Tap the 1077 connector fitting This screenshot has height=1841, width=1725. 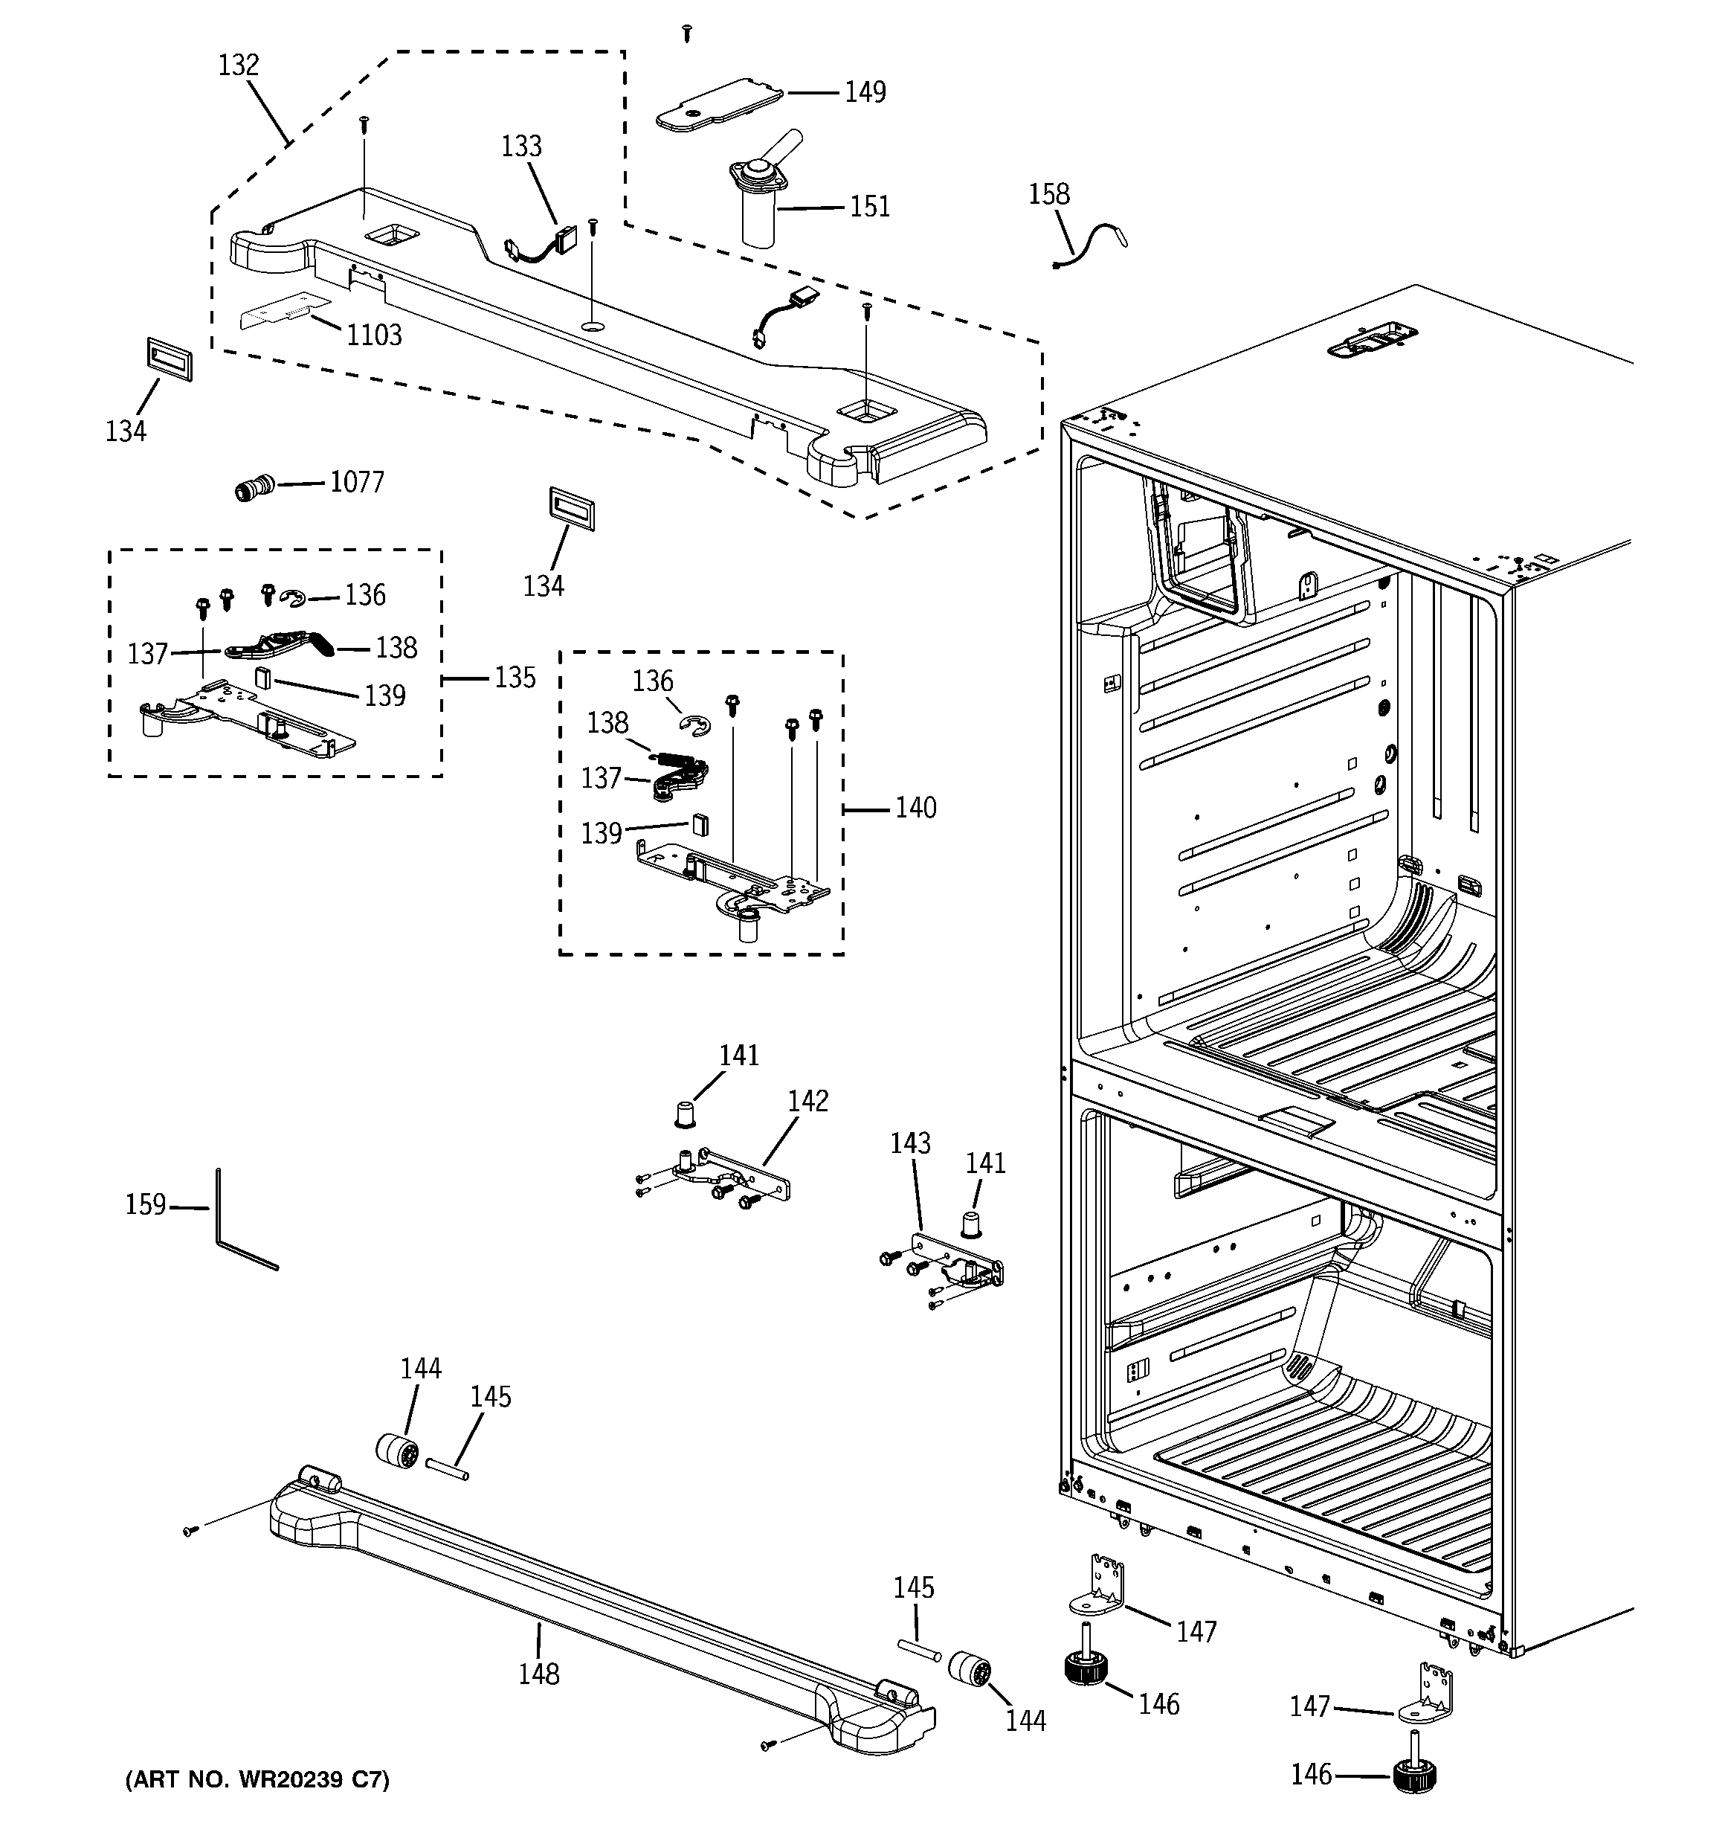click(253, 486)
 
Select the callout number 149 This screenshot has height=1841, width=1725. click(865, 91)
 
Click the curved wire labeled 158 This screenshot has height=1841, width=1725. click(1090, 245)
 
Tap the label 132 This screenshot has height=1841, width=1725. click(238, 65)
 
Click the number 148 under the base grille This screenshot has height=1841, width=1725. click(539, 1674)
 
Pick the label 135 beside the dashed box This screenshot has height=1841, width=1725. click(515, 678)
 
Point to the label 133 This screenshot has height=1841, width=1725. click(521, 147)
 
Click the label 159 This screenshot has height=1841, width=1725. click(146, 1205)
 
